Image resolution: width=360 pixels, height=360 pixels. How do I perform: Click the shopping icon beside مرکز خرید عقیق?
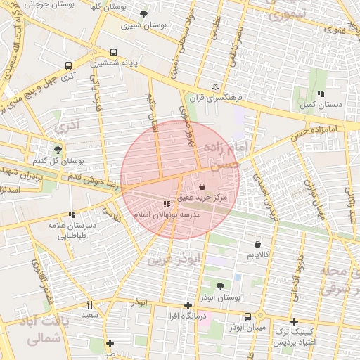pos(203,188)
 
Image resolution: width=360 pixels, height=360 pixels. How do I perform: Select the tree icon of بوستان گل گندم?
pos(58,149)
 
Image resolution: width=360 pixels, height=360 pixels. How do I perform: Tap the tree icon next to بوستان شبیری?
pos(143,14)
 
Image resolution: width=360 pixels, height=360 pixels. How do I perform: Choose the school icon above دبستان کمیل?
pos(320,94)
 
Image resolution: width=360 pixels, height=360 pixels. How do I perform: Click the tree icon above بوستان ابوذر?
pos(220,286)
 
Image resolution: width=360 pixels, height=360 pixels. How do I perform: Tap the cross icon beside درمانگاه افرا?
pos(187,305)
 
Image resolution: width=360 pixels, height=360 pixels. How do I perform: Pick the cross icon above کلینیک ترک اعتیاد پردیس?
pos(294,321)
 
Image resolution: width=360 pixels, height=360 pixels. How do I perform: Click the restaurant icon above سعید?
pos(89,304)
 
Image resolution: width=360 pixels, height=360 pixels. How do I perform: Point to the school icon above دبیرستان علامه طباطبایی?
pos(71,214)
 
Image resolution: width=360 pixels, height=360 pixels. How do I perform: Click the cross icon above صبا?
pos(110,343)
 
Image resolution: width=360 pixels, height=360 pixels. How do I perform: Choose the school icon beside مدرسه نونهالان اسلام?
pos(166,204)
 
